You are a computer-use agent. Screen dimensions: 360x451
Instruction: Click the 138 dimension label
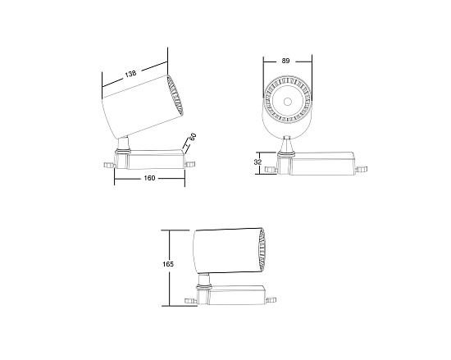(130, 75)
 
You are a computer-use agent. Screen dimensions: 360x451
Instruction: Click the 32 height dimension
(258, 162)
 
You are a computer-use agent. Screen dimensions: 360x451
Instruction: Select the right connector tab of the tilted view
(191, 164)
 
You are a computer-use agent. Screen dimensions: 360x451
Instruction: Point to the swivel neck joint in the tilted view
(122, 145)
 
